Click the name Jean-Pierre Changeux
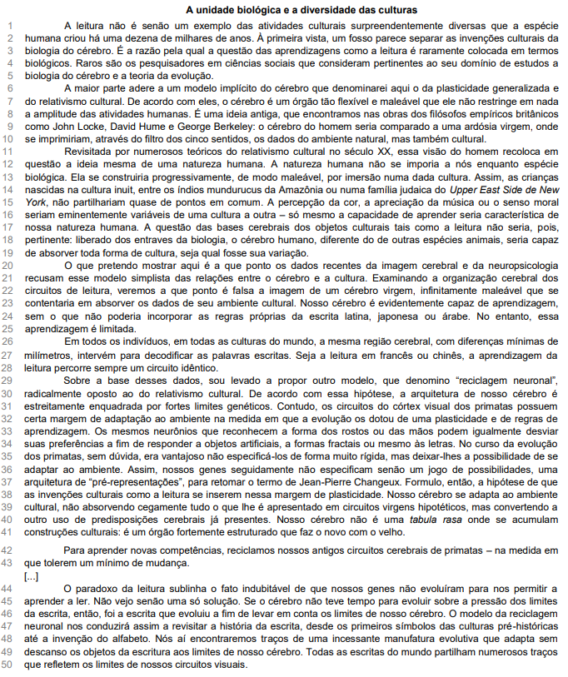pyautogui.click(x=336, y=484)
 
